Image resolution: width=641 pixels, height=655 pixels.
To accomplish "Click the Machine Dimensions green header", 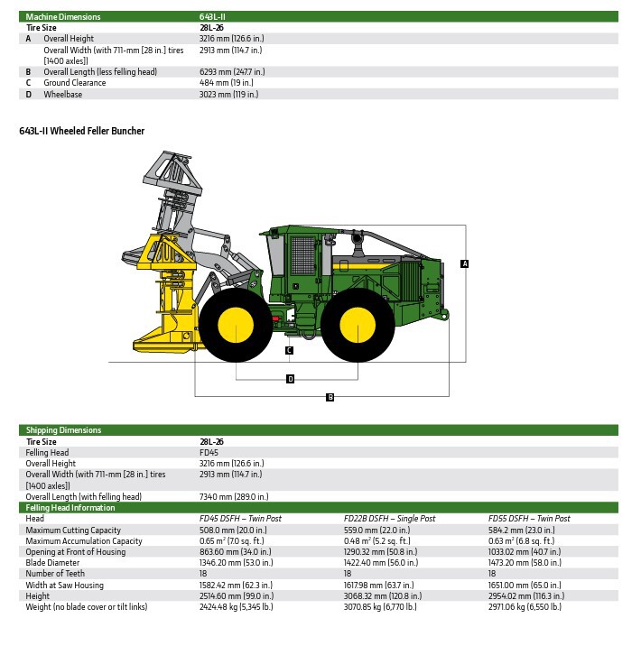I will (63, 16).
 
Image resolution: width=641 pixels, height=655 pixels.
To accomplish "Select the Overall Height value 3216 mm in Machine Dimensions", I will (231, 39).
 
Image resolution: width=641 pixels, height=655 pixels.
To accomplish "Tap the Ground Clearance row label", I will (75, 83).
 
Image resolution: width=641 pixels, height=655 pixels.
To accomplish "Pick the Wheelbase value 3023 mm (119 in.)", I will (228, 94).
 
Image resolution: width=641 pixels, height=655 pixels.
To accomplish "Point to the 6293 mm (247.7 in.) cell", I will (232, 72).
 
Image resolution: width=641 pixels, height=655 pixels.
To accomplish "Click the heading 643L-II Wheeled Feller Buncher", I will (82, 131).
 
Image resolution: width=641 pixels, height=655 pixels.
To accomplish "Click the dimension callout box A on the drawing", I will (465, 263).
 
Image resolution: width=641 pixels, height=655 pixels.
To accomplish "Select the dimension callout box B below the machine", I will (330, 397).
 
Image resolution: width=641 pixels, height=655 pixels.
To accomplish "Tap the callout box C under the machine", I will (289, 350).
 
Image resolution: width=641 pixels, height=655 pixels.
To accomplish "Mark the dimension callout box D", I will (290, 379).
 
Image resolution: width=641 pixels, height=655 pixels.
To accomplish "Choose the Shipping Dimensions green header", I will (63, 430).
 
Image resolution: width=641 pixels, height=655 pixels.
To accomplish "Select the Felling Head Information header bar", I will (70, 508).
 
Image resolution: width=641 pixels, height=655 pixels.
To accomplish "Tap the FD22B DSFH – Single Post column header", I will (389, 519).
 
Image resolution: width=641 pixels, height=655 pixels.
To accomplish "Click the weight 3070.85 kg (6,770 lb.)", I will (389, 606).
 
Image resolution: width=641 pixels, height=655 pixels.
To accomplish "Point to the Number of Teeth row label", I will (55, 573).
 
